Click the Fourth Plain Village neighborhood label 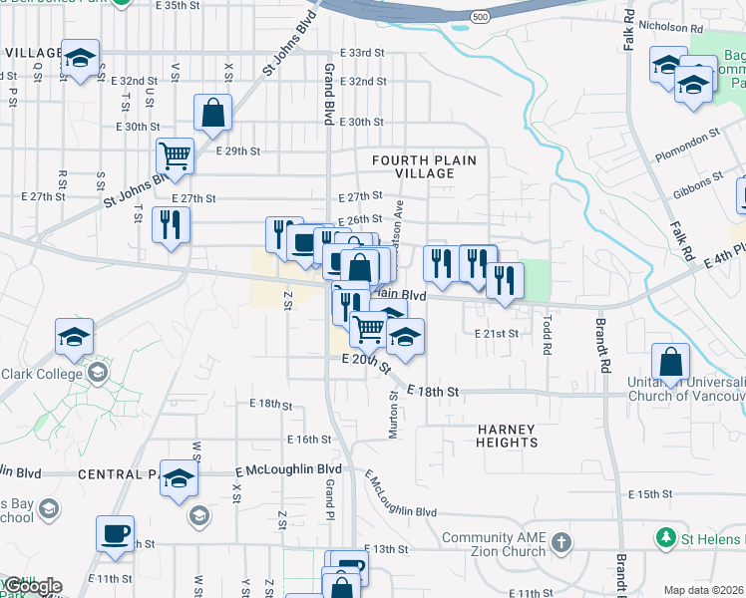(424, 166)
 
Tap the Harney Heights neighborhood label (507, 436)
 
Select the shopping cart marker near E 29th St (175, 155)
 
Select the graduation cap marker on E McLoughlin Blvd (180, 480)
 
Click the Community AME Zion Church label (493, 544)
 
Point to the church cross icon (561, 543)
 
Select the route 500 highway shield (480, 18)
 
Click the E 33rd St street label (361, 53)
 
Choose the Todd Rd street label (547, 336)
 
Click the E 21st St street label (497, 334)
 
